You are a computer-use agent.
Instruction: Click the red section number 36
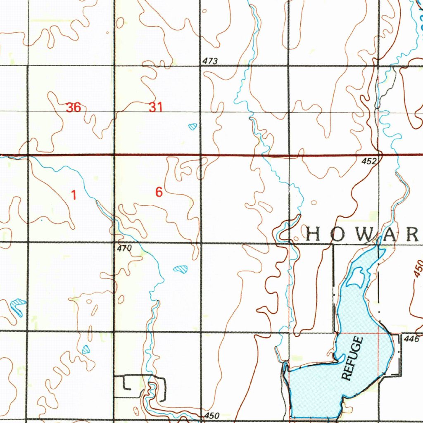pos(73,108)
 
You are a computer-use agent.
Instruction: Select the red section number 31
pos(156,108)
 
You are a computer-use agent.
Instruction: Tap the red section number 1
pos(74,195)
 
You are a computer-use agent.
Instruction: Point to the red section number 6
pos(159,192)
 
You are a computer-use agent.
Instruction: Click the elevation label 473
pos(210,61)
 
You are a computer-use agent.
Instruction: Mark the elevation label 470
pos(124,248)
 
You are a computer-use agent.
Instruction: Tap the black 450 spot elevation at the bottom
pos(211,416)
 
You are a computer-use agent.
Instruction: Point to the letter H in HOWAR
pos(313,235)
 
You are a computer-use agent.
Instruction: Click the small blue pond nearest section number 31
pos(192,126)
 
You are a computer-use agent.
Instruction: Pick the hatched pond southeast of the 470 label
pos(180,269)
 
